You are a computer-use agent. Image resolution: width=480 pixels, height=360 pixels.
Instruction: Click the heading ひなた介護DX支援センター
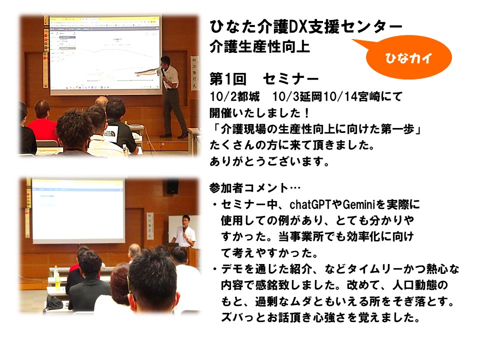click(306, 26)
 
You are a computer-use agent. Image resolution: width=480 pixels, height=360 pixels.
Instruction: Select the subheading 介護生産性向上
click(260, 47)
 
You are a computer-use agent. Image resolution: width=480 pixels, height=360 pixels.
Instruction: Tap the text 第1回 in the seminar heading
click(228, 79)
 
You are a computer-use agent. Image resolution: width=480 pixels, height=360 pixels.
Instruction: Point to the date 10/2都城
click(235, 96)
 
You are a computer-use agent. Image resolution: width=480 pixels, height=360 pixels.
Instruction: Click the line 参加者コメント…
click(255, 187)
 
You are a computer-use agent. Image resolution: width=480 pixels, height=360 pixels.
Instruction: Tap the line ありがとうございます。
click(269, 161)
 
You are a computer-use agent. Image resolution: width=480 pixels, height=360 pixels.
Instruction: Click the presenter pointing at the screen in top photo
click(170, 96)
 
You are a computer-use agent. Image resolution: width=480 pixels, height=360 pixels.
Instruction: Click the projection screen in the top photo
click(105, 54)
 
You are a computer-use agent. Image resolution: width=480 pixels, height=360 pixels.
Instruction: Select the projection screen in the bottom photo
click(78, 210)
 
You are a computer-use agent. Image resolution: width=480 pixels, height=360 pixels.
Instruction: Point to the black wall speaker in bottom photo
click(172, 186)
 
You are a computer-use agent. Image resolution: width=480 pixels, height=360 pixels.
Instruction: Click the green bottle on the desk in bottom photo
click(57, 278)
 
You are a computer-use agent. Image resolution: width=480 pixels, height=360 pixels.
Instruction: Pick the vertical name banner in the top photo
click(194, 73)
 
